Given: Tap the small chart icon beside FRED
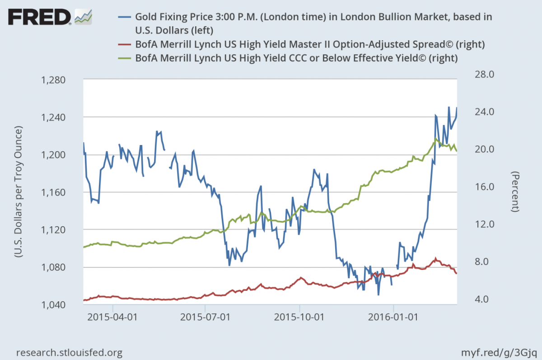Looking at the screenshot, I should [84, 17].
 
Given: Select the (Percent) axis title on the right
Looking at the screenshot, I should [515, 192].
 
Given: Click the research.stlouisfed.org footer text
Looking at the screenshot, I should [69, 352].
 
